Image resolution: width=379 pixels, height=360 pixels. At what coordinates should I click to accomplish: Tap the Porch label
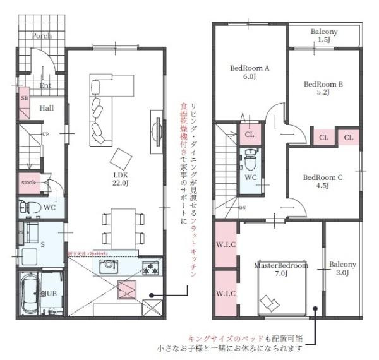pyautogui.click(x=42, y=36)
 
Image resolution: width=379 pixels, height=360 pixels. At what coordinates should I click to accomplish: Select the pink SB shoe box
pyautogui.click(x=25, y=105)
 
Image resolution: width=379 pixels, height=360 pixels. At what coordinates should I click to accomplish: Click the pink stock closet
pyautogui.click(x=29, y=183)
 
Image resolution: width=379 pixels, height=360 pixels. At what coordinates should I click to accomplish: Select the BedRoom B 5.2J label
pyautogui.click(x=323, y=87)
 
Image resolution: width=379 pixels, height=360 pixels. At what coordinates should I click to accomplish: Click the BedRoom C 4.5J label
pyautogui.click(x=322, y=181)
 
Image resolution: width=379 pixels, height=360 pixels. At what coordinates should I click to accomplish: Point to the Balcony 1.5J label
pyautogui.click(x=324, y=35)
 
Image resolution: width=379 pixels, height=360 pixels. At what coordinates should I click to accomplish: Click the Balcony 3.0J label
pyautogui.click(x=342, y=268)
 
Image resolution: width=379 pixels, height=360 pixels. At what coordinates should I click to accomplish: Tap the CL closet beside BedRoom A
pyautogui.click(x=249, y=135)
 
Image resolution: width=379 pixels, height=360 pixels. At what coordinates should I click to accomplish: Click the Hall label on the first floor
pyautogui.click(x=46, y=108)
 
